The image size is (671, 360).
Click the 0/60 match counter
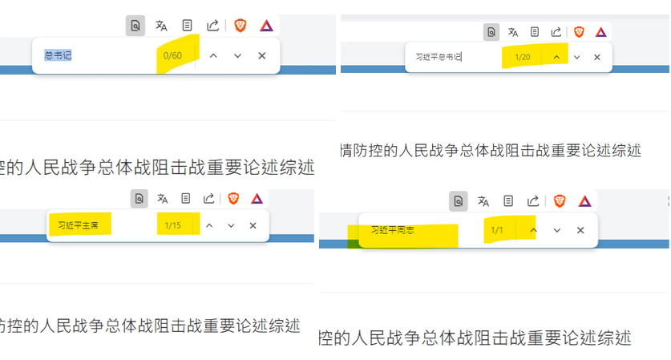(172, 55)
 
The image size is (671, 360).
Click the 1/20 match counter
(523, 57)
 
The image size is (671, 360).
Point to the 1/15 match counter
(173, 225)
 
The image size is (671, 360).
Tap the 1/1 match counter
(497, 230)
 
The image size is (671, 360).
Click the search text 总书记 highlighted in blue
(59, 55)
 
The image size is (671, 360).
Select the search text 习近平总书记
(439, 57)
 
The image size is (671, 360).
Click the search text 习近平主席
(79, 225)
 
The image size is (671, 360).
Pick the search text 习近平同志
(393, 230)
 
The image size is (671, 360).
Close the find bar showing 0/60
(261, 55)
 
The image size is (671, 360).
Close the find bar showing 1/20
(596, 57)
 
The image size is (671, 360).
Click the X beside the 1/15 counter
(253, 225)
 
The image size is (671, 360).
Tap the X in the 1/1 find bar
(580, 230)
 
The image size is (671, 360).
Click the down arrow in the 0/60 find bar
(237, 55)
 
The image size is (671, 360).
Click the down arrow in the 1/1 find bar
(556, 230)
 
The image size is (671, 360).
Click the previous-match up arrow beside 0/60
(212, 55)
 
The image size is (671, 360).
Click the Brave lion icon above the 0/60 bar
(240, 26)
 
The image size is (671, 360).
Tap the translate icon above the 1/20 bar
(512, 32)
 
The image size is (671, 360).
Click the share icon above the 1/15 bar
(208, 198)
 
